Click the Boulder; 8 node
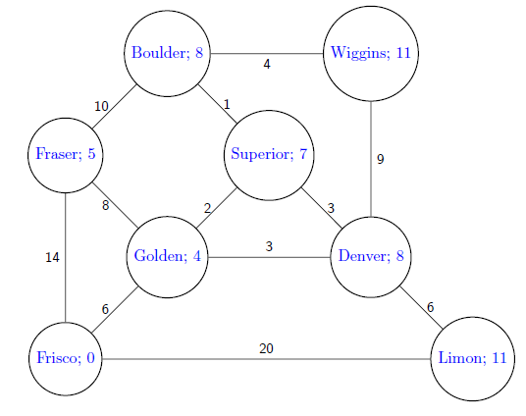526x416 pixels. [x=168, y=54]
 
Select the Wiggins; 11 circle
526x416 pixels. [x=371, y=54]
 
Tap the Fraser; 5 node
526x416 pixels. [x=65, y=154]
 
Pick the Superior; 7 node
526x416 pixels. [x=269, y=154]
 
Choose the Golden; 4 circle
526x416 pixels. [x=168, y=257]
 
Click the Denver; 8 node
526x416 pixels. [x=371, y=257]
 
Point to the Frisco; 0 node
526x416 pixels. [x=65, y=358]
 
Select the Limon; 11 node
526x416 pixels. [x=473, y=358]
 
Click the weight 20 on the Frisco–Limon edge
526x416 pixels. [x=266, y=348]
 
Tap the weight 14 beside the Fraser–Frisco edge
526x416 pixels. [x=53, y=257]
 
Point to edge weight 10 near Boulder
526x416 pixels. [x=101, y=106]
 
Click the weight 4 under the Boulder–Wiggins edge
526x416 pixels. [x=266, y=66]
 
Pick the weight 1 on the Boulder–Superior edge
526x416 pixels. [x=226, y=104]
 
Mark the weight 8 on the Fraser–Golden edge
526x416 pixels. [x=105, y=205]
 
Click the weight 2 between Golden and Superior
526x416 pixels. [x=207, y=207]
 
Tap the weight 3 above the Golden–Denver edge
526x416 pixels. [x=269, y=246]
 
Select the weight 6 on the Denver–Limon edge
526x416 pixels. [x=430, y=307]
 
